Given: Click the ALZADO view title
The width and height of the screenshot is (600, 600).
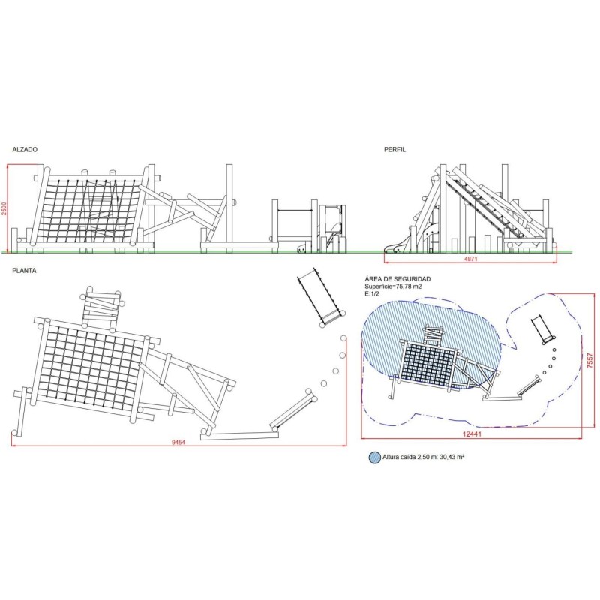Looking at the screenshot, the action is (x=25, y=149).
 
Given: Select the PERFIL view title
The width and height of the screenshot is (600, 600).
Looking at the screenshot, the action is (x=395, y=149).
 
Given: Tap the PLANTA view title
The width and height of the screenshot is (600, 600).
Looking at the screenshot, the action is (x=24, y=271).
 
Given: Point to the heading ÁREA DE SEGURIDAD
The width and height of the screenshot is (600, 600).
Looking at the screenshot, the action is (x=397, y=279).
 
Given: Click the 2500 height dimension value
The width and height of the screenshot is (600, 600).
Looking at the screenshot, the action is (x=4, y=208).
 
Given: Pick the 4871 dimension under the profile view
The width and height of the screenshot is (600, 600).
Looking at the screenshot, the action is (x=471, y=259).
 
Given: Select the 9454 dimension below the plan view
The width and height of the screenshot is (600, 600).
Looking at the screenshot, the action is (x=178, y=442).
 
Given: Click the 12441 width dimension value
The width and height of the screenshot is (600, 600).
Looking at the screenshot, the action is (x=472, y=434).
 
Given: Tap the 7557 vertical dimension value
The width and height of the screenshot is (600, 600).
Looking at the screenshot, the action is (x=590, y=361).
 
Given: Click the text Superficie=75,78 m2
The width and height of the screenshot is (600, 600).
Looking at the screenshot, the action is (x=393, y=286).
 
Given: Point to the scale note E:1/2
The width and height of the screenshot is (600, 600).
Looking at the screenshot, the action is (x=372, y=293).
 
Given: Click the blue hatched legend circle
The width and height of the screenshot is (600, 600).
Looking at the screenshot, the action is (x=374, y=457).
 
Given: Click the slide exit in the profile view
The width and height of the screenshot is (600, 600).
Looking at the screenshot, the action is (x=395, y=247).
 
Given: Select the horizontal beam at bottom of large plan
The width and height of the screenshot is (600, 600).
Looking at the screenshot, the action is (x=238, y=435).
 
